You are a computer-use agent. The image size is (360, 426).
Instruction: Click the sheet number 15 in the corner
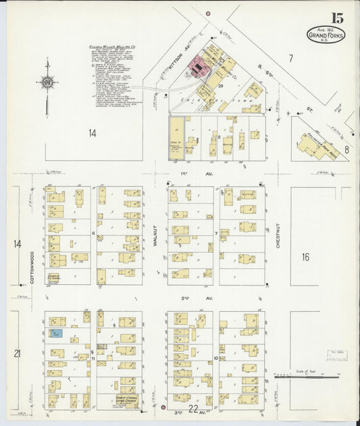[x=336, y=18]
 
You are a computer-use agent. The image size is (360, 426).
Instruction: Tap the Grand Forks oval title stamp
[x=326, y=34]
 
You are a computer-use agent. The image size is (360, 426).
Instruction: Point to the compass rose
[x=47, y=82]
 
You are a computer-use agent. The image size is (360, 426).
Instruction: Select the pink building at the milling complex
[x=197, y=66]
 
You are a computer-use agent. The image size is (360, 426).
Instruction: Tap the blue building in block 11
[x=57, y=334]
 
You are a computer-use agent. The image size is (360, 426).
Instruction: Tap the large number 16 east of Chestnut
[x=305, y=257]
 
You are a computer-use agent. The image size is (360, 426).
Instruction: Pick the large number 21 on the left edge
[x=18, y=353]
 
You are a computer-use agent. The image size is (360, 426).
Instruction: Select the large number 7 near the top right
[x=290, y=59]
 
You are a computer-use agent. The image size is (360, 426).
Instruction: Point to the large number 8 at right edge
[x=346, y=149]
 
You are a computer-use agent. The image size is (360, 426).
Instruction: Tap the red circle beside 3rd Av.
[x=162, y=407]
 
